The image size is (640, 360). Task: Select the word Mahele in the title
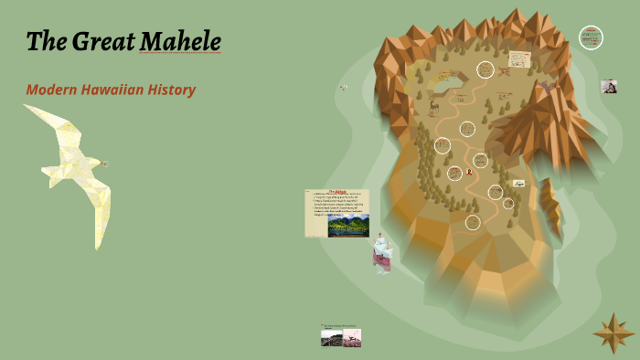click(180, 42)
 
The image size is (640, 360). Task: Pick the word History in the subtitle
click(174, 90)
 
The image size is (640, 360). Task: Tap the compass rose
click(612, 334)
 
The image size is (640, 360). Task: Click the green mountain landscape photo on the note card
click(348, 225)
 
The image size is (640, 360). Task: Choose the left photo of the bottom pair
click(332, 337)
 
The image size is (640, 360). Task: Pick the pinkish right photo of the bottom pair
click(352, 337)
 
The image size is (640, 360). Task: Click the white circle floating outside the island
click(591, 37)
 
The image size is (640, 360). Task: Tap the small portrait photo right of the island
click(608, 86)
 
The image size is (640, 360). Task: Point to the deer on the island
click(433, 106)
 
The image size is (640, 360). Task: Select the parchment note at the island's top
click(520, 58)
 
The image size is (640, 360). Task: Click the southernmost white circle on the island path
click(473, 222)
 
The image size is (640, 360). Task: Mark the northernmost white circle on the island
click(485, 69)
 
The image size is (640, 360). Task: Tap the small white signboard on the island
click(518, 183)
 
